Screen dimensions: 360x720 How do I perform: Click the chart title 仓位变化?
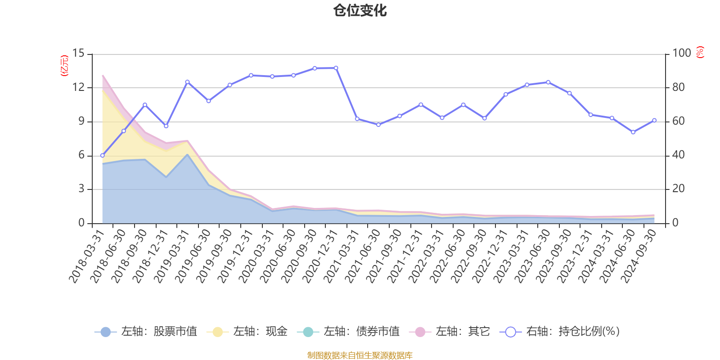[360, 10]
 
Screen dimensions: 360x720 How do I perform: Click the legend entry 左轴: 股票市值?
[146, 332]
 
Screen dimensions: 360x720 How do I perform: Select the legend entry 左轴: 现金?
[247, 332]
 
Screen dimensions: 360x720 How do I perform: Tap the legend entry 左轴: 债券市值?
[348, 332]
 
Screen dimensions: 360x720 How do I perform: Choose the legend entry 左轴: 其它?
[450, 332]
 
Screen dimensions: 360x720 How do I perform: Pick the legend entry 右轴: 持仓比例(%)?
[560, 332]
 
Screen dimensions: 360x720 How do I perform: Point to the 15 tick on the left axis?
[79, 54]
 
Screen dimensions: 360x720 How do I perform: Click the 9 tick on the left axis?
[81, 121]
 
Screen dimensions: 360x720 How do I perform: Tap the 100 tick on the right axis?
[681, 54]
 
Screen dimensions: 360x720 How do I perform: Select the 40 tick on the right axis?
[678, 155]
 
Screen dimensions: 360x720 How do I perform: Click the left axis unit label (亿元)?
[64, 66]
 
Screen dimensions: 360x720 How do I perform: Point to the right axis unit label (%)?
[700, 52]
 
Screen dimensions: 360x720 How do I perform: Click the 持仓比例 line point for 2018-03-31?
[102, 155]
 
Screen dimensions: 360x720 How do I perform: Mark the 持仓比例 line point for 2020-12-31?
[336, 68]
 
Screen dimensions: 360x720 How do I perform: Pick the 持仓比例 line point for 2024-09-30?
[654, 120]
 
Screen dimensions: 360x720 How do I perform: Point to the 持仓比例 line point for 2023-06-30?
[548, 82]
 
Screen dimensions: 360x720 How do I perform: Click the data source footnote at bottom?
[360, 355]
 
